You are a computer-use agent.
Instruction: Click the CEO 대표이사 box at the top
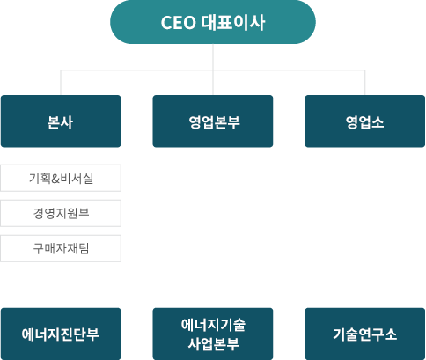tap(213, 22)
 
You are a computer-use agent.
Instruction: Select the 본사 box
tap(61, 121)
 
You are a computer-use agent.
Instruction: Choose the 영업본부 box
tap(213, 121)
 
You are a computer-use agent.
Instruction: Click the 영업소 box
tap(364, 121)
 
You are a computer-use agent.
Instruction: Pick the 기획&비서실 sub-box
tap(61, 179)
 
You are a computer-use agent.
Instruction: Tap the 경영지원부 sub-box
tap(61, 213)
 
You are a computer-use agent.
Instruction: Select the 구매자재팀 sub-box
tap(61, 247)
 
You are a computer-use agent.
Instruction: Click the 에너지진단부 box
tap(61, 334)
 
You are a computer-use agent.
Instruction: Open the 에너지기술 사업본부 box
tap(213, 334)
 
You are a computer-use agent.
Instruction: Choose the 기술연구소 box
tap(364, 334)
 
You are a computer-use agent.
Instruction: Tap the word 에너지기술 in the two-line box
tap(213, 325)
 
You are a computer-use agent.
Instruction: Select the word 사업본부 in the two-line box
tap(213, 343)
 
